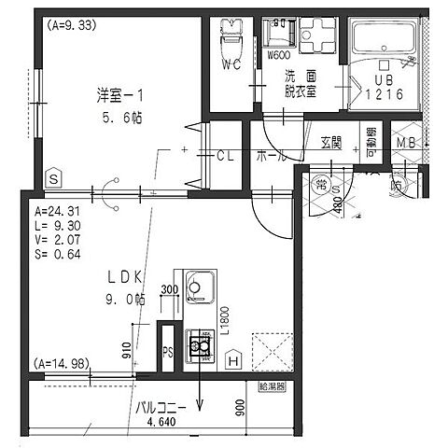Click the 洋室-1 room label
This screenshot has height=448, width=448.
click(x=119, y=95)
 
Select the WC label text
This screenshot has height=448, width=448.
click(x=232, y=65)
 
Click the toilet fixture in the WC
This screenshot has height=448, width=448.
click(x=229, y=42)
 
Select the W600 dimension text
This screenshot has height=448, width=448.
click(x=278, y=55)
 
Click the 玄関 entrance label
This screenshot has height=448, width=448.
click(x=331, y=143)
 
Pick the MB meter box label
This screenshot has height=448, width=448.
click(x=406, y=143)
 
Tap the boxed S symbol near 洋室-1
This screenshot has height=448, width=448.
click(x=53, y=177)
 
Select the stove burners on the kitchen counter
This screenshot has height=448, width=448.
click(x=199, y=346)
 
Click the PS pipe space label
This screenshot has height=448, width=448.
click(x=168, y=353)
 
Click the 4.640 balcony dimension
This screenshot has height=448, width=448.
click(x=161, y=422)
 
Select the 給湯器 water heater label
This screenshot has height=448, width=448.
click(x=272, y=385)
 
